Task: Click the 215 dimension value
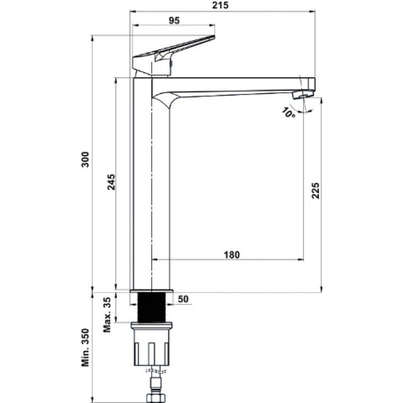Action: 221,6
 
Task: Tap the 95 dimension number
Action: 174,21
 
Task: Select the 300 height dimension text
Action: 85,160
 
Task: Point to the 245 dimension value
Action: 111,182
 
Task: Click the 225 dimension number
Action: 315,190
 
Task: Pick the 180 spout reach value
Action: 232,255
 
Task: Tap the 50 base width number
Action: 183,299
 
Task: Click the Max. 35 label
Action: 107,315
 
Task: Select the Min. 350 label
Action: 85,348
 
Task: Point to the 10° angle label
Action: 288,113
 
